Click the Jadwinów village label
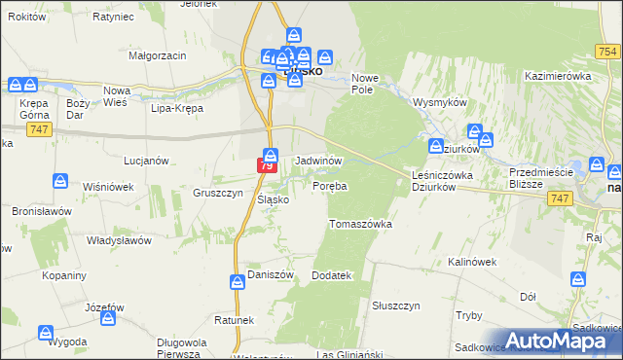tap(317, 159)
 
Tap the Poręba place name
tap(330, 185)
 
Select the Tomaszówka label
tap(360, 224)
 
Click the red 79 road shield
tap(266, 167)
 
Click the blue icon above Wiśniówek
tap(60, 181)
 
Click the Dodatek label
tap(330, 275)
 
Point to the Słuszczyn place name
tap(395, 305)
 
